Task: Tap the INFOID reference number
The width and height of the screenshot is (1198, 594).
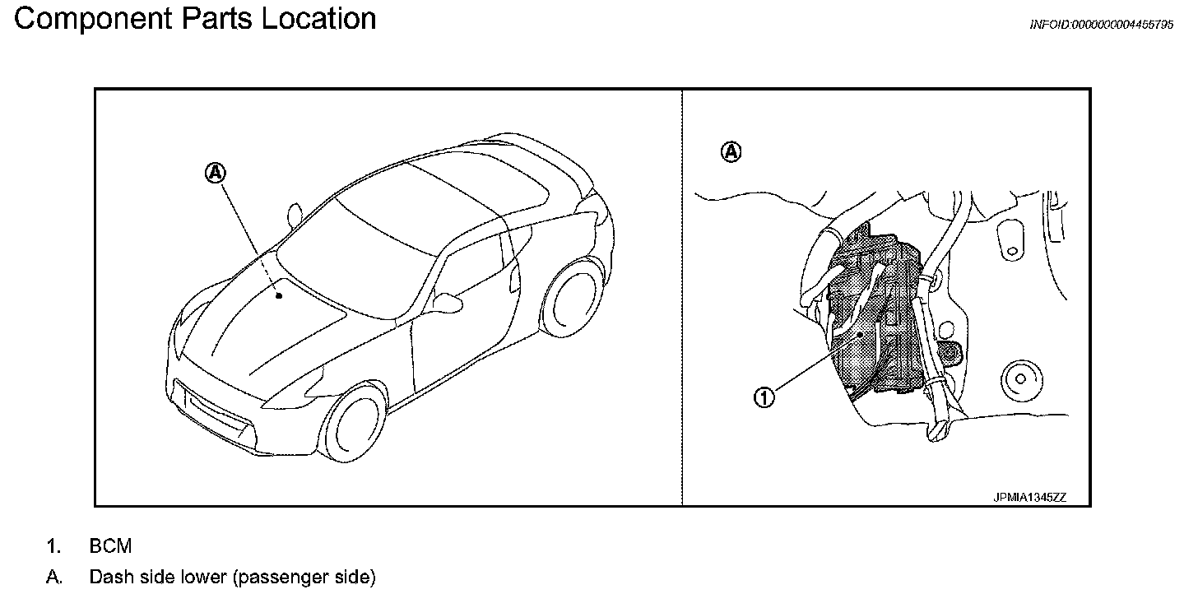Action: [1102, 26]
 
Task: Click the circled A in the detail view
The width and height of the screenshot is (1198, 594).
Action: [731, 151]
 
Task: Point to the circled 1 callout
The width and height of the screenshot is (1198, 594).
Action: [764, 398]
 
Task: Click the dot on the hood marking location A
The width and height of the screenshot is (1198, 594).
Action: [279, 295]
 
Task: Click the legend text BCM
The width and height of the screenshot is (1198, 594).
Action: [110, 546]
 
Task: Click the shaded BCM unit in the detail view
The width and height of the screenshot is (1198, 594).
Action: [872, 329]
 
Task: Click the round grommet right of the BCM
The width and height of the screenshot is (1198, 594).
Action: [1019, 378]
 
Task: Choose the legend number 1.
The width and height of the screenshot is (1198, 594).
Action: [53, 546]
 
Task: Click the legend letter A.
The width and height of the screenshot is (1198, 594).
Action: [53, 577]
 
